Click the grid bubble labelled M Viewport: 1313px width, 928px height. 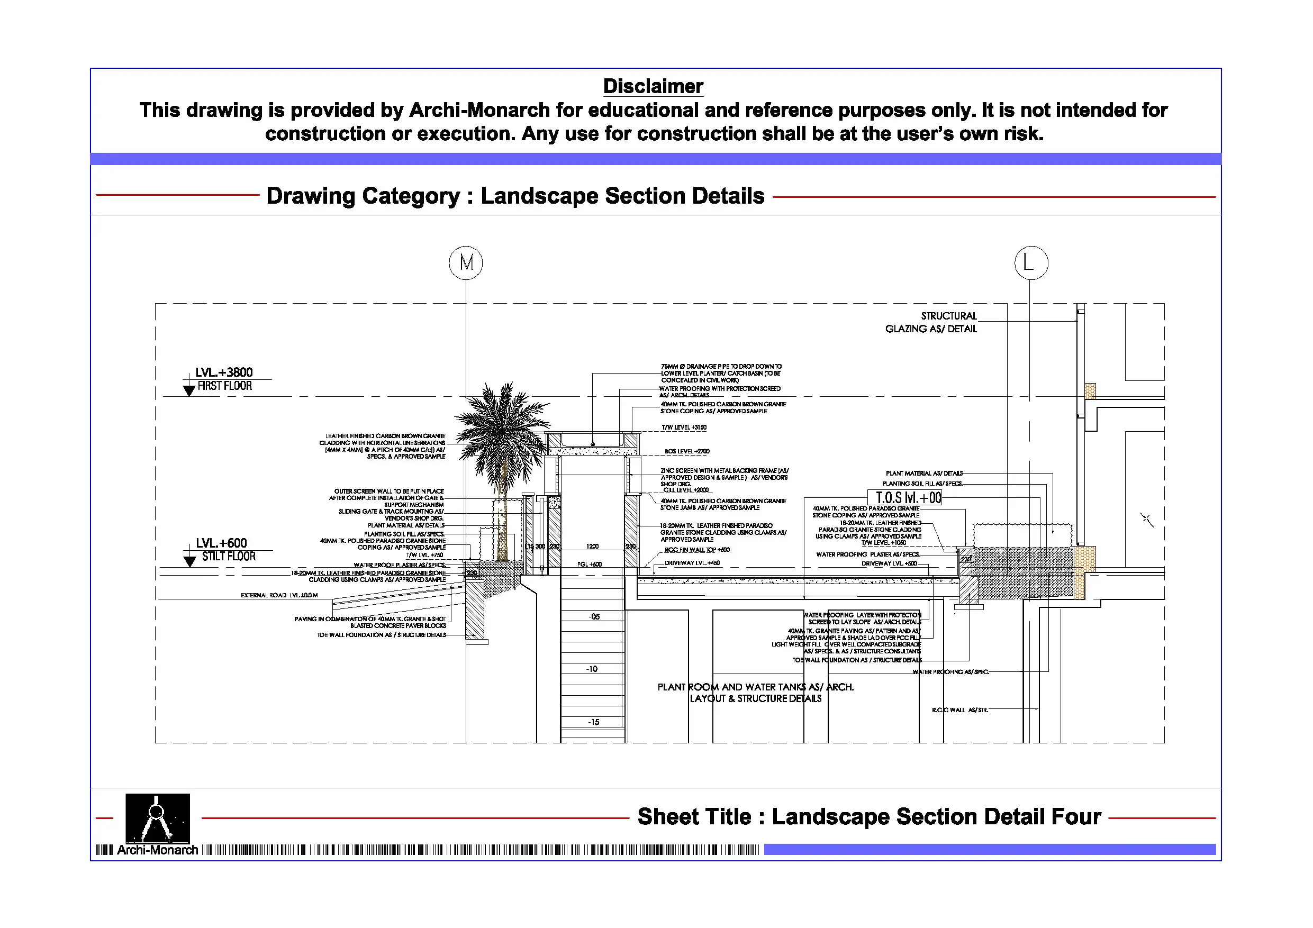click(466, 263)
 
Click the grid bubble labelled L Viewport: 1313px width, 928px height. click(1031, 263)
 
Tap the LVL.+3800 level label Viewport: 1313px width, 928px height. click(224, 372)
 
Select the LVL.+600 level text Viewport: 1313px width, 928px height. click(221, 543)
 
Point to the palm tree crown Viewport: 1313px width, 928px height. click(502, 417)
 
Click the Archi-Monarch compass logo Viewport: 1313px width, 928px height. click(157, 818)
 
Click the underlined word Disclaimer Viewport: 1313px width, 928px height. click(653, 86)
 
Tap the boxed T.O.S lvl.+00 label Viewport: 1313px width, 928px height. click(908, 498)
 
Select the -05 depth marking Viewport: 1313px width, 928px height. click(594, 617)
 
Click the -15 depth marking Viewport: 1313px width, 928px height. click(594, 723)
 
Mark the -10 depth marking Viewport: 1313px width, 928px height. click(592, 669)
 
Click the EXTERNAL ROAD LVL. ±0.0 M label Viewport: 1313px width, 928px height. click(279, 595)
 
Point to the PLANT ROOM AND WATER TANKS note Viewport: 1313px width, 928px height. click(755, 693)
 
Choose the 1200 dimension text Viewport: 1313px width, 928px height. click(592, 547)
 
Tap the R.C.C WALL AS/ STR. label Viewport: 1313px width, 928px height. click(959, 710)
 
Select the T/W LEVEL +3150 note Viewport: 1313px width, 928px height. click(684, 427)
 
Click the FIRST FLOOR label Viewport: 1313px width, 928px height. click(225, 386)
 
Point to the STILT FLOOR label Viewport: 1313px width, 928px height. click(229, 557)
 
